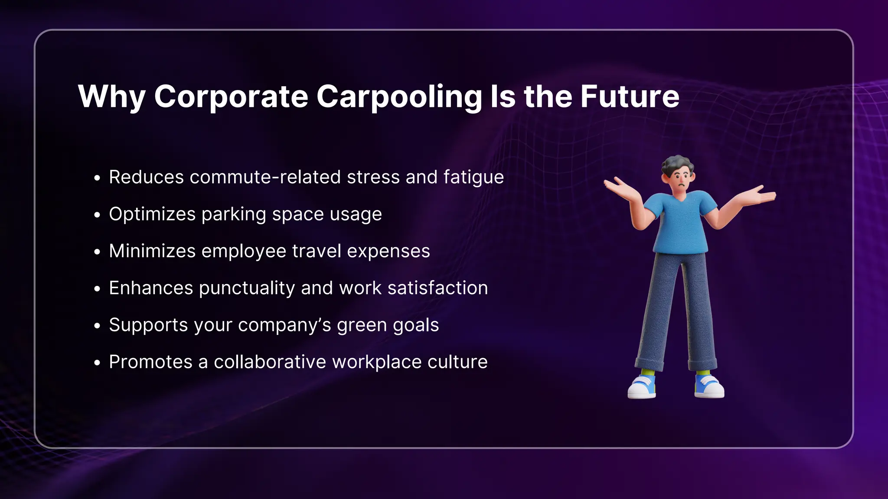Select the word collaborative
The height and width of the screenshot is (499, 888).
tap(270, 362)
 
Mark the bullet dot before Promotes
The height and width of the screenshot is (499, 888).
tap(97, 363)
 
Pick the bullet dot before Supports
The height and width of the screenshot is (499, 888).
tap(97, 326)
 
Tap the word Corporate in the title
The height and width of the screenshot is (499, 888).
tap(231, 97)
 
